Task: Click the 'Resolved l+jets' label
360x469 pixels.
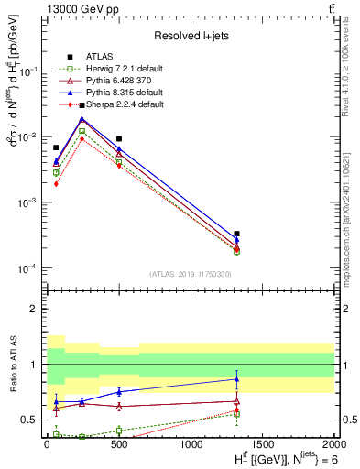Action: (191, 36)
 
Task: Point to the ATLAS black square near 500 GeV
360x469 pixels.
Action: (119, 139)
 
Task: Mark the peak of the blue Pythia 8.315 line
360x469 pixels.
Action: (82, 118)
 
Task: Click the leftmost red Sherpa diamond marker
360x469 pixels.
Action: (56, 183)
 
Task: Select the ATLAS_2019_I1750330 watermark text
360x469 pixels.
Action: (191, 274)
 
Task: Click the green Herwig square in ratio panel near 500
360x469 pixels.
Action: (119, 430)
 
